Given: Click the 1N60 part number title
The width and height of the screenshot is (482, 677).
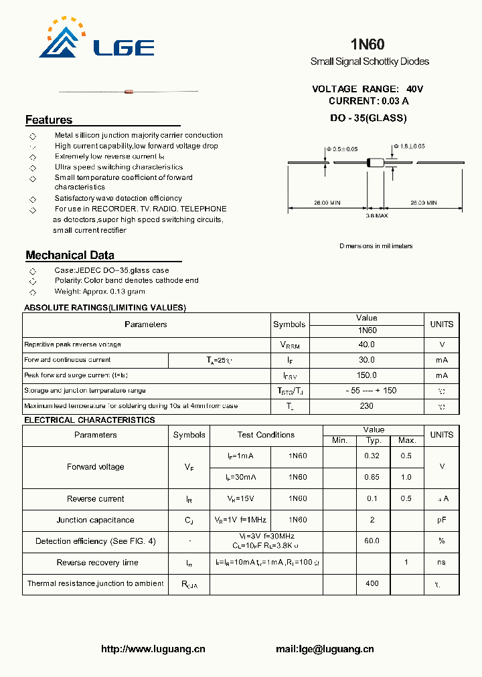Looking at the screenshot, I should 368,45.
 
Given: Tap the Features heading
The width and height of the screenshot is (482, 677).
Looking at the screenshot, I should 49,120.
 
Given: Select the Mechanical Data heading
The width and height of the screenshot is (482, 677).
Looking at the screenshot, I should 70,255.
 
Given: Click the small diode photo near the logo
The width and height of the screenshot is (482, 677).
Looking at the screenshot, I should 129,91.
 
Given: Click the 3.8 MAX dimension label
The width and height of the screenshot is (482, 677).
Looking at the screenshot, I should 376,215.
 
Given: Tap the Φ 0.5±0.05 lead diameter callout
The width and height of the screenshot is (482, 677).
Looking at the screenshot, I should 342,149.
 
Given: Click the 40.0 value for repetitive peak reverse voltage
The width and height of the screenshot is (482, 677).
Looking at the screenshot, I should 367,345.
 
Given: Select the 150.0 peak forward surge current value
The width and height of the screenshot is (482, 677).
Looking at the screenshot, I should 367,375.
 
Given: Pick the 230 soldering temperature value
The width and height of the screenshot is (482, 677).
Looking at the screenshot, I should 367,406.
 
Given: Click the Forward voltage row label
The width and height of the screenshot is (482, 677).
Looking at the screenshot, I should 96,467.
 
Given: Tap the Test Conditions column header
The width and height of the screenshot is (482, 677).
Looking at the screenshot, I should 266,435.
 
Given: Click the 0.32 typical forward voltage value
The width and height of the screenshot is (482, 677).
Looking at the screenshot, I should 372,456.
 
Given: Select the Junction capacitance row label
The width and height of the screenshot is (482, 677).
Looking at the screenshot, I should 95,520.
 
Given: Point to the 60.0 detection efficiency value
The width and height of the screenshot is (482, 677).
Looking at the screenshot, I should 372,541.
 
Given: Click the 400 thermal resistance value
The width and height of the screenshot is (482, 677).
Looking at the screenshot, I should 372,583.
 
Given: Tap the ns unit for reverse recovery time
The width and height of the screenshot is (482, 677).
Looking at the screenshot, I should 441,563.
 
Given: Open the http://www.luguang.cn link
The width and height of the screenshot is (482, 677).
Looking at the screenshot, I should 153,649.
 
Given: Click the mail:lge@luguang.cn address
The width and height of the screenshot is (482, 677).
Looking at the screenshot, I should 325,649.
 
